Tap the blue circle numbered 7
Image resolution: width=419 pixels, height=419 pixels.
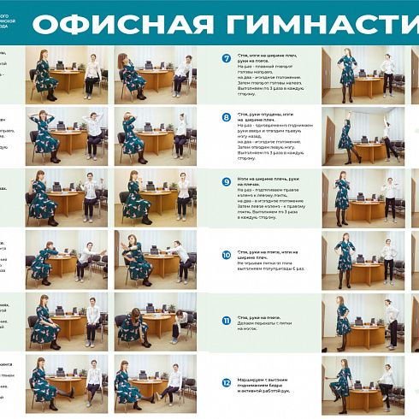(227, 59)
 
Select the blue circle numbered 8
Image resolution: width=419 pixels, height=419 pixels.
(227, 117)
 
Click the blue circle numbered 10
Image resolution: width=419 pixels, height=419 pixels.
(227, 254)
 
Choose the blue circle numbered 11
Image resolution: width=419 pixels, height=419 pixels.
(227, 318)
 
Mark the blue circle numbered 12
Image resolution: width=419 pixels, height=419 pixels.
(227, 382)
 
